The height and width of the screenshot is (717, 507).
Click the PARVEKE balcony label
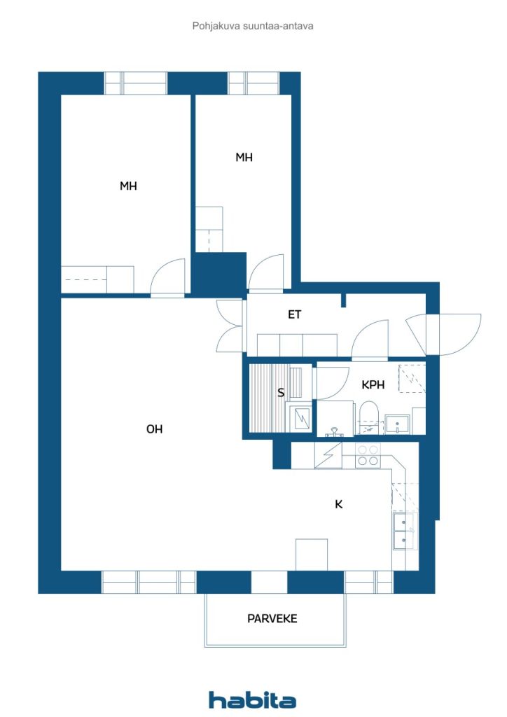click(x=272, y=619)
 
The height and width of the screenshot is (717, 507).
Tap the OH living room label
click(x=155, y=429)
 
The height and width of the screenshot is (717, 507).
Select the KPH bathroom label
click(x=373, y=385)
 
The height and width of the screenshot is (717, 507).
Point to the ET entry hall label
click(x=294, y=314)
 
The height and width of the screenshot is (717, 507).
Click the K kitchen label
click(x=339, y=504)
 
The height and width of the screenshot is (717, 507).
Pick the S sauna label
click(x=281, y=392)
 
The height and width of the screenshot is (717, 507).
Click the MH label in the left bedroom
click(x=128, y=186)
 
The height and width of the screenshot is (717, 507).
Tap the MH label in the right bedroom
click(x=244, y=158)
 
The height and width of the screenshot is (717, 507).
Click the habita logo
click(x=252, y=699)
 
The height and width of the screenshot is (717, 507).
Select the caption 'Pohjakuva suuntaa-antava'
click(x=253, y=26)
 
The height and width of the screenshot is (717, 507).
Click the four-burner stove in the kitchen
click(x=368, y=455)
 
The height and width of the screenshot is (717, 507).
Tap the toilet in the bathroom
click(x=368, y=416)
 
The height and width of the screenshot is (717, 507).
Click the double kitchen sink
click(x=405, y=531)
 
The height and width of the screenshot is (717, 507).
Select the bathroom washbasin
click(x=398, y=424)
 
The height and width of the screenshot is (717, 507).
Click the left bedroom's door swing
click(x=169, y=277)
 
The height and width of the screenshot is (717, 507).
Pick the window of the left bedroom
click(x=136, y=83)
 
